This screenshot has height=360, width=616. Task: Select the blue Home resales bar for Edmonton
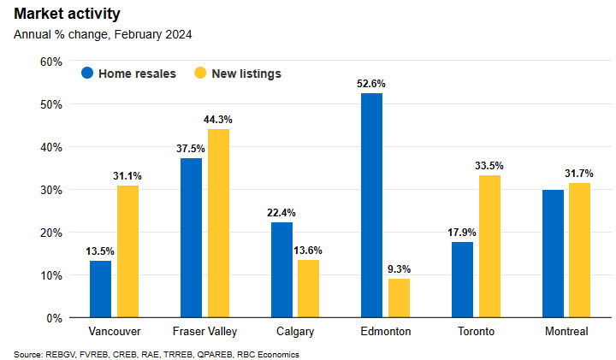[371, 205]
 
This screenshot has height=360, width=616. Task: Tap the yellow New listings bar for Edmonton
[399, 298]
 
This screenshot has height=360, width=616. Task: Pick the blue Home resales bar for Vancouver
[101, 289]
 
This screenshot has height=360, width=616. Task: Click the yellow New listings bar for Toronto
[489, 246]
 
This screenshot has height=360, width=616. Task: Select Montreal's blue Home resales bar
[553, 253]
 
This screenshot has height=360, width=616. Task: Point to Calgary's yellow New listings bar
[308, 288]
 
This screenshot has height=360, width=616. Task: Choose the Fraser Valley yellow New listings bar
[218, 223]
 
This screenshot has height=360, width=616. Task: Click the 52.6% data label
[371, 84]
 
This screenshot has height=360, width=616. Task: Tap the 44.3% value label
[218, 120]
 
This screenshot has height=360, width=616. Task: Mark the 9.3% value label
[399, 269]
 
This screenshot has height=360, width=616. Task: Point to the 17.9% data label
[462, 232]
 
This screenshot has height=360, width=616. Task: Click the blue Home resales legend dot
[87, 74]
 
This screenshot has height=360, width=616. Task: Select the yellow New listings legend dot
[202, 74]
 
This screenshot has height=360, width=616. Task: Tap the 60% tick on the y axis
[50, 62]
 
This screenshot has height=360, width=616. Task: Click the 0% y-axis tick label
[53, 318]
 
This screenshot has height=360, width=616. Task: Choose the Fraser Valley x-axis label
[204, 331]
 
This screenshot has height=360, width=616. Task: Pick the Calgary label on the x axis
[294, 331]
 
